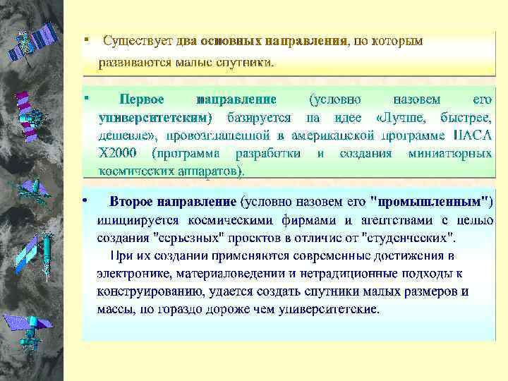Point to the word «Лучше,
click(404, 116)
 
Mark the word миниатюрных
click(450, 152)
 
